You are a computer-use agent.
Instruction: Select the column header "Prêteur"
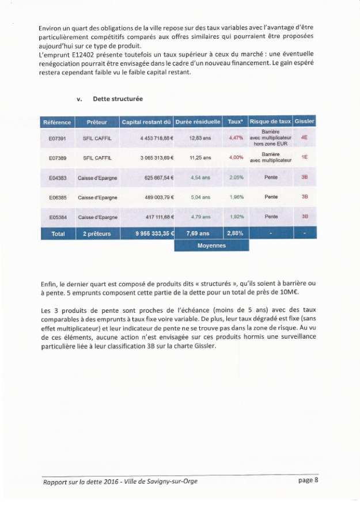(97, 122)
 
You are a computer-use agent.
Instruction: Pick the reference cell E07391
(57, 139)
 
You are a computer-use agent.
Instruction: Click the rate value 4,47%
(236, 139)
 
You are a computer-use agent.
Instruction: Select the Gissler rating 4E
(304, 139)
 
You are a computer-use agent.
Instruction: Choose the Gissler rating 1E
(304, 157)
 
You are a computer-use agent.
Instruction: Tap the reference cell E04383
(57, 177)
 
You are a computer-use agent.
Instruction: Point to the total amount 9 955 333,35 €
(147, 234)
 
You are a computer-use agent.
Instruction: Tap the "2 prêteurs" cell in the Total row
(97, 234)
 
